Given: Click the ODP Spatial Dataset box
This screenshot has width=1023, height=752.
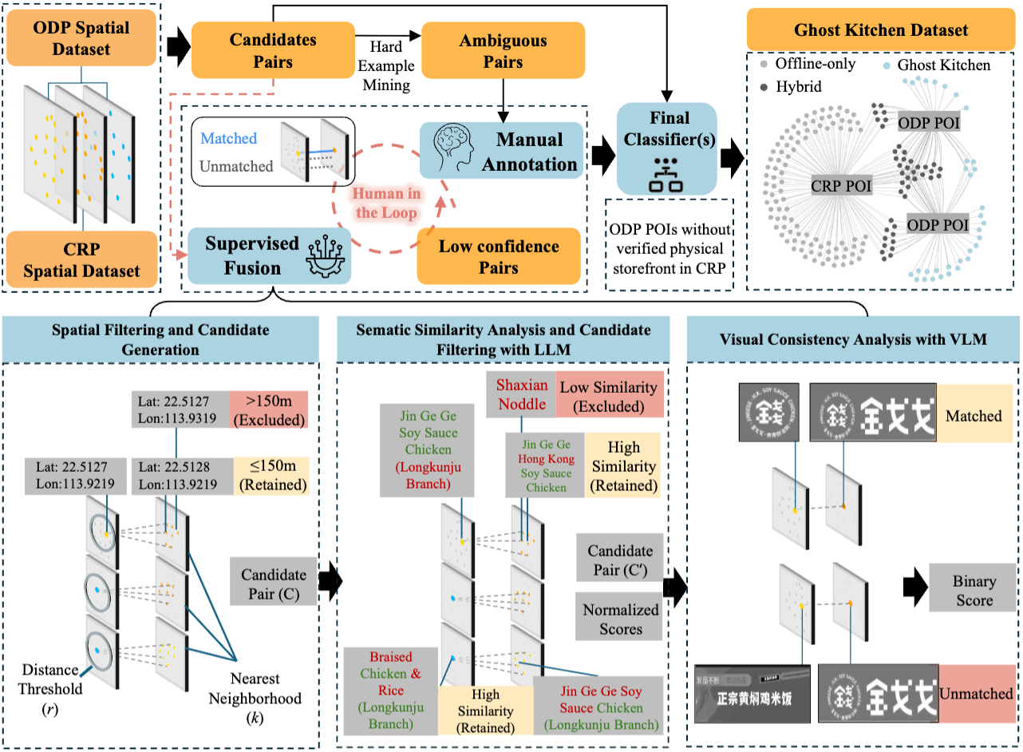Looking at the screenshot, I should [81, 38].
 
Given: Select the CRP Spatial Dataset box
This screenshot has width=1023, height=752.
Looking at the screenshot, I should [81, 260].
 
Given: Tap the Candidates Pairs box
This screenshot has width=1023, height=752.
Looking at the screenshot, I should [272, 49].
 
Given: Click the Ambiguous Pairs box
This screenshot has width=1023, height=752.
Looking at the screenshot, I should [503, 50].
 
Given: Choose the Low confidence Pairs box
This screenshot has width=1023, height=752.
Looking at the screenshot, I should [499, 257].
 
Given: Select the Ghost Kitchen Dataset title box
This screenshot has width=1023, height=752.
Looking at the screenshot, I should [881, 31].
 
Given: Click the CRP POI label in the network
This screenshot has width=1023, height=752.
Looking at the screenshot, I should [841, 186].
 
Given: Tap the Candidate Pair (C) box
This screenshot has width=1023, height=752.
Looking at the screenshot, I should [273, 584].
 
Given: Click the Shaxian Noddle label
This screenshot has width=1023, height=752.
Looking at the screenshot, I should [523, 394].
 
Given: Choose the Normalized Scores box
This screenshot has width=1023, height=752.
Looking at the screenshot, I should [620, 619].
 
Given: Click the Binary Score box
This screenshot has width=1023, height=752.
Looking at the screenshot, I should [974, 591].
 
